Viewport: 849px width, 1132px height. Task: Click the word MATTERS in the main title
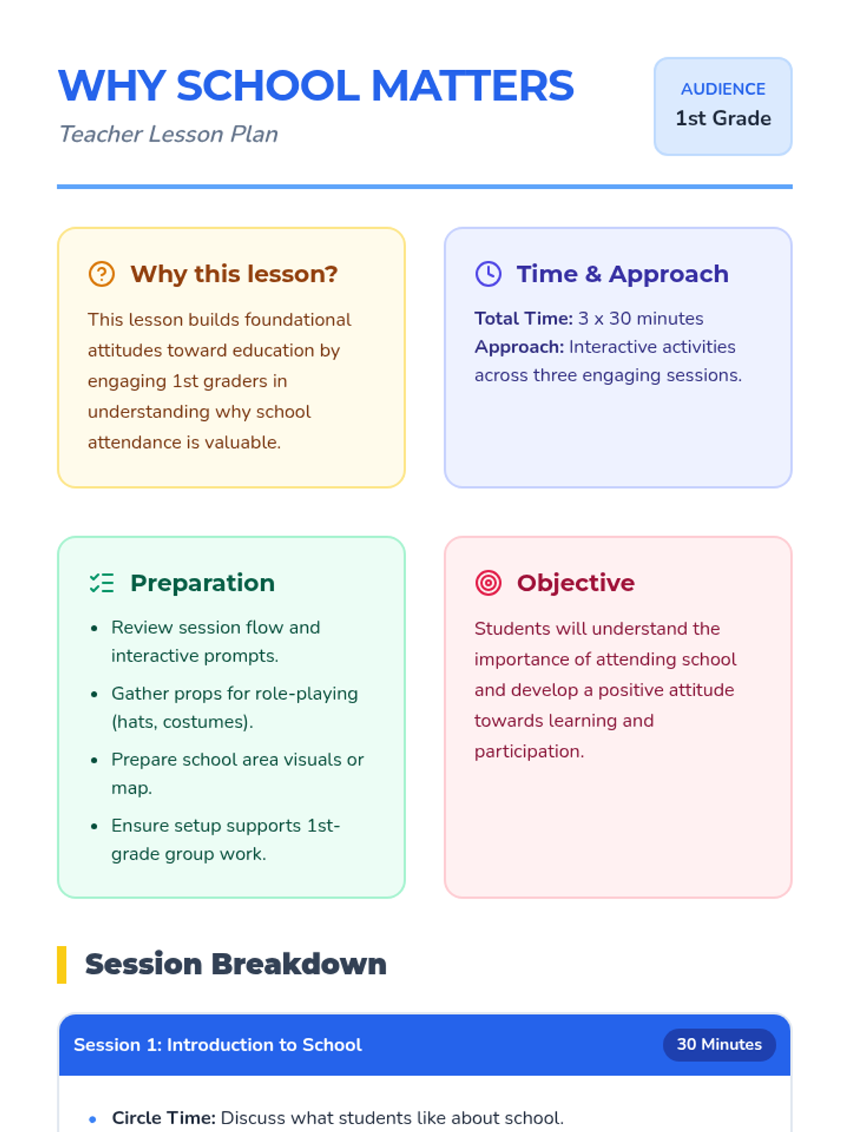pos(472,86)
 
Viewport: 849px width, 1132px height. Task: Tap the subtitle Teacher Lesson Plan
pos(168,134)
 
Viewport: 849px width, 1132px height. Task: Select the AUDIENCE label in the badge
pos(722,89)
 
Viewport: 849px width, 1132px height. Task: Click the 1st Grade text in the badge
pos(722,118)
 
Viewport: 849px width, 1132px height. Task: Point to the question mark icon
pos(102,274)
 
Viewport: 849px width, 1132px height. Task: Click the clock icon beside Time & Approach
pos(488,274)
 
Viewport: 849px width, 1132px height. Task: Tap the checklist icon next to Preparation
pos(102,583)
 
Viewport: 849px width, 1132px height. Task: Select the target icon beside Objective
pos(488,583)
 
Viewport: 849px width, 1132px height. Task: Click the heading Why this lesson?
pos(234,274)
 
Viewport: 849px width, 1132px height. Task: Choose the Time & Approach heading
pos(623,274)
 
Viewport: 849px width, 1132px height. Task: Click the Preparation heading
pos(202,583)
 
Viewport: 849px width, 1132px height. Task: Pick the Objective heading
pos(576,583)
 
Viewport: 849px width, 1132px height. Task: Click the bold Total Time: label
pos(524,318)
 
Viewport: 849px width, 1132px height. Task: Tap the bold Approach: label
pos(519,347)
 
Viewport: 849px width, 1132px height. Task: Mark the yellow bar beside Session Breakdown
pos(62,964)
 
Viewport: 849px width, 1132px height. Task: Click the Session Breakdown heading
pos(236,964)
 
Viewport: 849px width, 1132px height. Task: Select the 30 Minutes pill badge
pos(719,1044)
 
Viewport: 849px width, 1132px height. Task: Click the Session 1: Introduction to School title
pos(217,1045)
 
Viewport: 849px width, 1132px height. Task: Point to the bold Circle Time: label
pos(164,1118)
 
